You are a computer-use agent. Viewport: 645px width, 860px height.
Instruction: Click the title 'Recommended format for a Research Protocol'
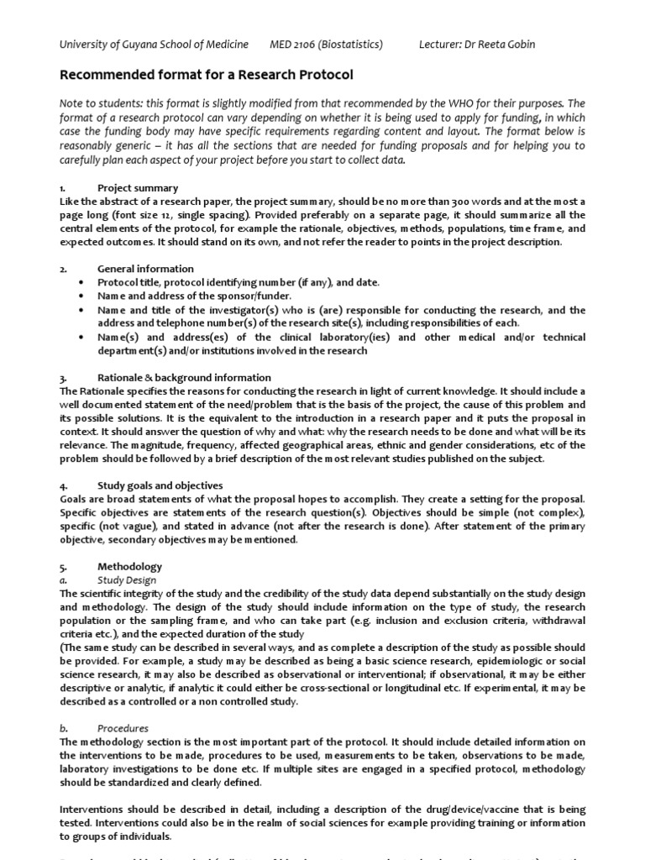(206, 75)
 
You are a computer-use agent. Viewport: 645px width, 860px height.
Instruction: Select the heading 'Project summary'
(138, 188)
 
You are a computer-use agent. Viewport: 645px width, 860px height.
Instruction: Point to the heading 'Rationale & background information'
(184, 378)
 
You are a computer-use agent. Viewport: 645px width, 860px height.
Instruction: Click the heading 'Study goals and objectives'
(160, 485)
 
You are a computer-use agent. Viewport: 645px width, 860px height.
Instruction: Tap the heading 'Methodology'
(129, 567)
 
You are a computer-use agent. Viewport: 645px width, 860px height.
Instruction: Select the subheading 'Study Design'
(126, 580)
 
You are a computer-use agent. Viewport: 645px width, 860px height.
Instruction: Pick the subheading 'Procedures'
(123, 729)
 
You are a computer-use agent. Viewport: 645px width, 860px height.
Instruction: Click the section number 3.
(63, 378)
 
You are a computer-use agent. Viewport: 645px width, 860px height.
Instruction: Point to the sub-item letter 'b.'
(64, 729)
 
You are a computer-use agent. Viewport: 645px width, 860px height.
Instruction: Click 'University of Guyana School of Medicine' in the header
(154, 44)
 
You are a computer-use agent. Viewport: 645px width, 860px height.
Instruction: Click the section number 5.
(63, 567)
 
